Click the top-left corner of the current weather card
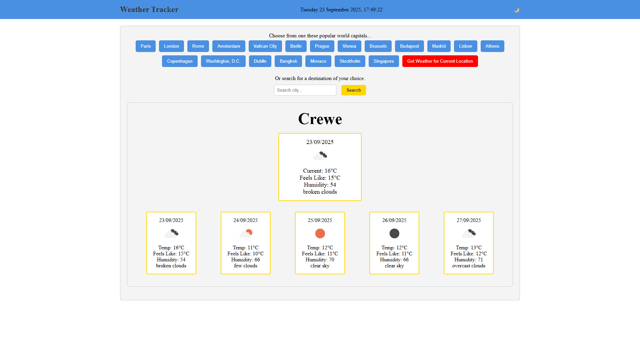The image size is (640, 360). [279, 133]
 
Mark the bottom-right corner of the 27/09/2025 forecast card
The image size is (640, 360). [493, 274]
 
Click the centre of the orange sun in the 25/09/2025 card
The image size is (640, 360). [320, 233]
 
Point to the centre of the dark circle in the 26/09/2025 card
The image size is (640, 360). [394, 233]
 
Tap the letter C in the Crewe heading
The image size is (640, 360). [304, 119]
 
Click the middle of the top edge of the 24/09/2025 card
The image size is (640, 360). [246, 212]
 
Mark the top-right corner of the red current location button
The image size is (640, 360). [478, 56]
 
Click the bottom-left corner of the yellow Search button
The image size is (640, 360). [341, 95]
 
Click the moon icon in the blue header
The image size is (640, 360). [516, 10]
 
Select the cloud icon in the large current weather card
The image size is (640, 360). [320, 156]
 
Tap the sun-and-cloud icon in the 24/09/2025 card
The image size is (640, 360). [246, 233]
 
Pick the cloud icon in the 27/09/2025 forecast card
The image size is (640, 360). [469, 233]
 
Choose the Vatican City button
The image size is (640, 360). [265, 46]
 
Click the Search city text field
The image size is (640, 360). [305, 90]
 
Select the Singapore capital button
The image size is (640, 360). [384, 61]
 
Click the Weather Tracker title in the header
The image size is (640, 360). [149, 10]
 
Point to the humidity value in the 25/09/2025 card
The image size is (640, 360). [332, 260]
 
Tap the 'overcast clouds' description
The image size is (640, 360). [469, 266]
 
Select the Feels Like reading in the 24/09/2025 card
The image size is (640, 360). [246, 254]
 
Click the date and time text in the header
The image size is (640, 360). [341, 10]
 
